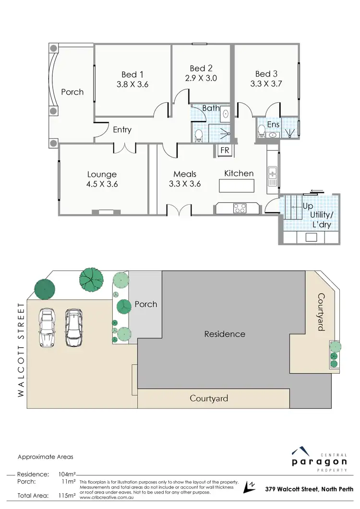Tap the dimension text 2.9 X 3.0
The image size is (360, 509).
[x=201, y=78]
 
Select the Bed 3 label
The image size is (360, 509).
[x=266, y=73]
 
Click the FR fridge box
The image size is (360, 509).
[x=225, y=150]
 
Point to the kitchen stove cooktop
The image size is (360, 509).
[x=240, y=208]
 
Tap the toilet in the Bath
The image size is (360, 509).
[x=199, y=136]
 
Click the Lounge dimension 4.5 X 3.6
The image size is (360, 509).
[x=102, y=184]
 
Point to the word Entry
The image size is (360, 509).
[x=122, y=130]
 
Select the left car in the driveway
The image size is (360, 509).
[x=47, y=328]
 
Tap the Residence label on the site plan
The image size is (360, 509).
[x=225, y=334]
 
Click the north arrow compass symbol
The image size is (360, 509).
[x=250, y=486]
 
